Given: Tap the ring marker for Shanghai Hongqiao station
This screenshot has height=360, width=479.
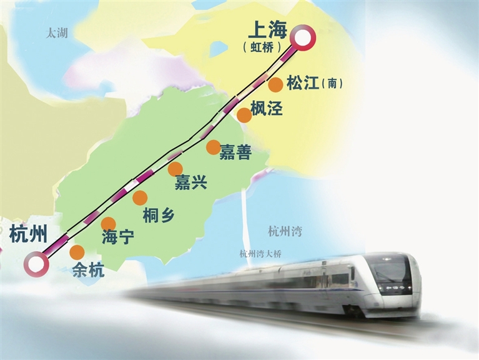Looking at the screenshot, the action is click(x=305, y=39).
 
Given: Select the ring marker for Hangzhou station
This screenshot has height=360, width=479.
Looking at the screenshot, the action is click(x=36, y=263).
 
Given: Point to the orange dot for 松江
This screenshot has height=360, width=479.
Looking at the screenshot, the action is click(x=276, y=85).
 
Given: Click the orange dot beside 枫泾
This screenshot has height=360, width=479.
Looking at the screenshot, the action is click(x=244, y=115).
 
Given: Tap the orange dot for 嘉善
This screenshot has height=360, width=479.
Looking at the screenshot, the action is click(x=213, y=147).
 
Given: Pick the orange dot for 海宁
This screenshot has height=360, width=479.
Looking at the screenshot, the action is click(x=109, y=224).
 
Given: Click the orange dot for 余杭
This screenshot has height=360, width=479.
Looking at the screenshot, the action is click(x=77, y=252).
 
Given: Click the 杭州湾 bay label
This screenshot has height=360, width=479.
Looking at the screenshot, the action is click(x=285, y=231).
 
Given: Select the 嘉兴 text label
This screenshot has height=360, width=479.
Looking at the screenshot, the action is click(x=190, y=182).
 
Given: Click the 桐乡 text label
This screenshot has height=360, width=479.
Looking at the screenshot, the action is click(x=159, y=214).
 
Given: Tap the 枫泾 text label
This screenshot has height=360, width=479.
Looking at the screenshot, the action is click(x=266, y=108).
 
